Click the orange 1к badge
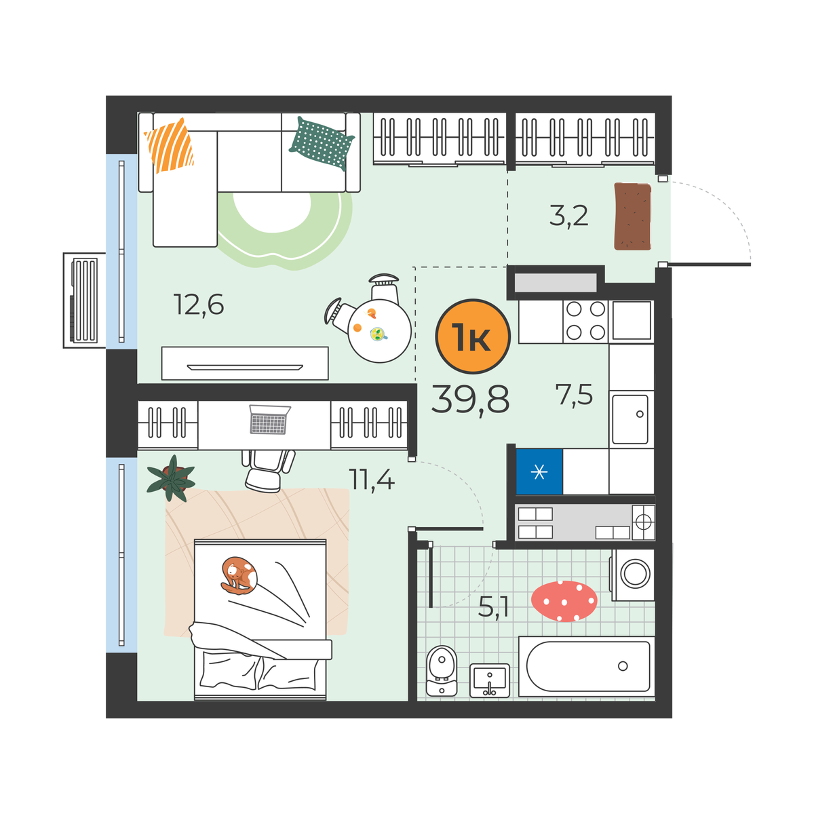(473, 336)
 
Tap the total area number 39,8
(471, 400)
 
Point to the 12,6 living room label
(199, 305)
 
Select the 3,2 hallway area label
(568, 216)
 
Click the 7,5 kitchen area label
(574, 395)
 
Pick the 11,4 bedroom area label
(371, 480)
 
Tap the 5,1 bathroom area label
(493, 607)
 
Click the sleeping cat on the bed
(239, 575)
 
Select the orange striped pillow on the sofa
(170, 145)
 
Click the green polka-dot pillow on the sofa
(322, 143)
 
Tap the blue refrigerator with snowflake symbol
(539, 471)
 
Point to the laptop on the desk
(270, 419)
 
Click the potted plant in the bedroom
(171, 478)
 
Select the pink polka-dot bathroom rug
(564, 601)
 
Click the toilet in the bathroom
(442, 672)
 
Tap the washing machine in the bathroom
(632, 575)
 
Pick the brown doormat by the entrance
(632, 216)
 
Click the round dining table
(379, 331)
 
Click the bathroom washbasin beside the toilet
(490, 680)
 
